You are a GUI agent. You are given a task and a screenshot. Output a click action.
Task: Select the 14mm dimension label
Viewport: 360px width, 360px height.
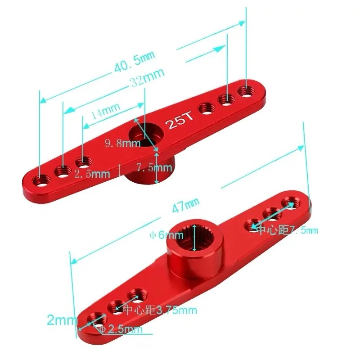105,110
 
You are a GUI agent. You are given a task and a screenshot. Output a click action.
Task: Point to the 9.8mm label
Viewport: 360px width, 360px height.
122,144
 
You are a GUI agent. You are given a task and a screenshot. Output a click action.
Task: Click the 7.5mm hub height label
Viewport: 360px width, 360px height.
154,168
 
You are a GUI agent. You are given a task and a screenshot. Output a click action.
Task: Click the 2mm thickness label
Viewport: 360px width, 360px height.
62,320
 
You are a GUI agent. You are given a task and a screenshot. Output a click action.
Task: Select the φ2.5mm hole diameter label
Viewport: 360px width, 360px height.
120,329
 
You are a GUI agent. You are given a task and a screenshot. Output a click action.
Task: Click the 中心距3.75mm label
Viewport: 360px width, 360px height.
160,310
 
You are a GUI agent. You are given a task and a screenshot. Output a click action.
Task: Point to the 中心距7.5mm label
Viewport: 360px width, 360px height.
287,230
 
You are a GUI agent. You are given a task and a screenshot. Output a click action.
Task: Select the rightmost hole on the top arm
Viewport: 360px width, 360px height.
246,90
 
